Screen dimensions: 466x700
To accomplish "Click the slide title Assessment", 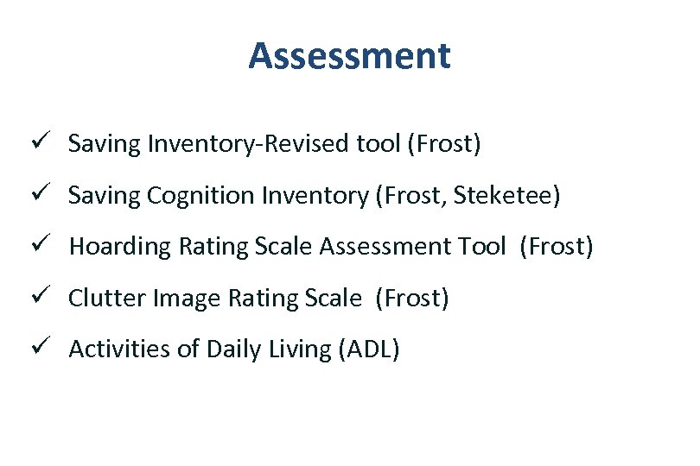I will pos(349,57).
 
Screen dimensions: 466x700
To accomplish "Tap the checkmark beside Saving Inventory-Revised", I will pos(50,142).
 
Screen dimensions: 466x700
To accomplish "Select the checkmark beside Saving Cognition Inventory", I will pos(50,193).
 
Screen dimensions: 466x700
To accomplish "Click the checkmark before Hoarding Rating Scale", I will pos(50,245).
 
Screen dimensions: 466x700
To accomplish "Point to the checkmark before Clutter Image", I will pos(50,297).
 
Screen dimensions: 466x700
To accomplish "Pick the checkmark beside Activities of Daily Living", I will pos(50,348).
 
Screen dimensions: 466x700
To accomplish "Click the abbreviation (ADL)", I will pos(369,349).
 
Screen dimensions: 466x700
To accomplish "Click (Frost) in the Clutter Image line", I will pos(412,299).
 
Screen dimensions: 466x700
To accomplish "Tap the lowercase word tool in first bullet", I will pos(378,143).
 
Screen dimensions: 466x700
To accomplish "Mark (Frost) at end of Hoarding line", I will pos(557,247).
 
